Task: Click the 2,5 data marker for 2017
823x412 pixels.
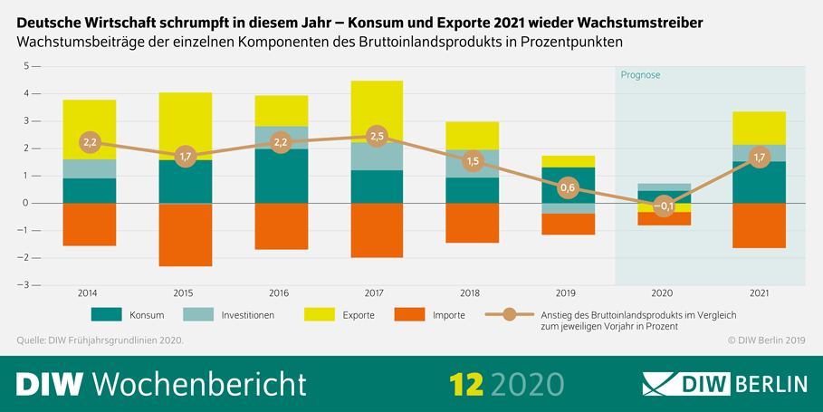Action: (377, 136)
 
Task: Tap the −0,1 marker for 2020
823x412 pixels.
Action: (664, 206)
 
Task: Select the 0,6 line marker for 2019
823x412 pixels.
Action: (568, 187)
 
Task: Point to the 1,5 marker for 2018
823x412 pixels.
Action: (473, 161)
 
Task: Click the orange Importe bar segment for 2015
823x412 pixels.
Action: (185, 235)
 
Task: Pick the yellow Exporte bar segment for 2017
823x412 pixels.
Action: (377, 111)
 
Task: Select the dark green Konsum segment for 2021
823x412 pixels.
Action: (760, 182)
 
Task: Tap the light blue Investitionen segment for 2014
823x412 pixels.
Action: (89, 168)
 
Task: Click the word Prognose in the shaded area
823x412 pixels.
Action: (640, 75)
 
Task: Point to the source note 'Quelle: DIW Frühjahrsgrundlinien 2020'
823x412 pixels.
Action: (100, 340)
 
